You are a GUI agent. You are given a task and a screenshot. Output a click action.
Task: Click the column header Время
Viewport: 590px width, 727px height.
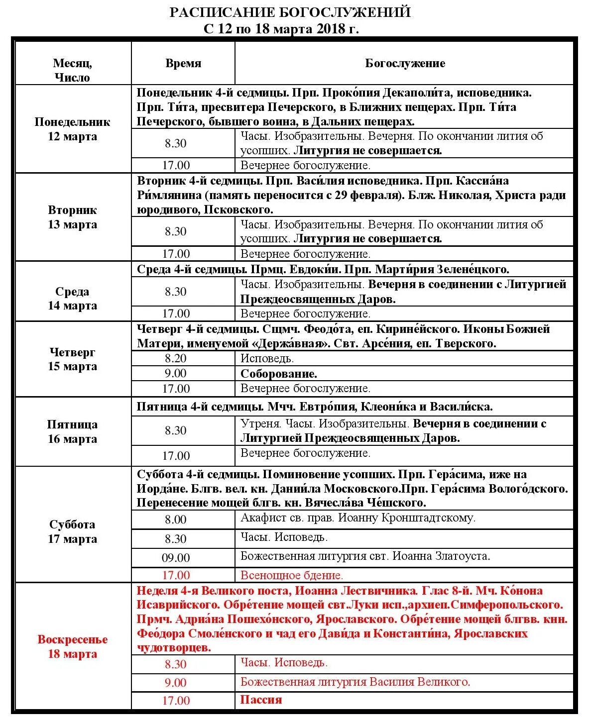pyautogui.click(x=183, y=63)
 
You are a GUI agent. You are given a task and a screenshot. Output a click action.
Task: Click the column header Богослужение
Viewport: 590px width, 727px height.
pyautogui.click(x=405, y=63)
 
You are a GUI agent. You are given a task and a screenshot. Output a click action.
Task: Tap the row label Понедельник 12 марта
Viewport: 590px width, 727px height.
pyautogui.click(x=72, y=129)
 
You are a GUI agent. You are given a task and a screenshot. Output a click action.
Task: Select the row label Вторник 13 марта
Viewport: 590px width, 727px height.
pyautogui.click(x=72, y=217)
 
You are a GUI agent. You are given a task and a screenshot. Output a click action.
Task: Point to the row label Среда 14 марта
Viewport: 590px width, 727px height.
pyautogui.click(x=72, y=299)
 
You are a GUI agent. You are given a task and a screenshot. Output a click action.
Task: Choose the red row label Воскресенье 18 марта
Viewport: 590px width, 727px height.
pyautogui.click(x=72, y=646)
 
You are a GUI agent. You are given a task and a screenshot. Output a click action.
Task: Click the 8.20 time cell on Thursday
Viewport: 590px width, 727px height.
pyautogui.click(x=175, y=358)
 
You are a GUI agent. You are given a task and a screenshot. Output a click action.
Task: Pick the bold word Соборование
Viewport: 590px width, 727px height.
pyautogui.click(x=279, y=374)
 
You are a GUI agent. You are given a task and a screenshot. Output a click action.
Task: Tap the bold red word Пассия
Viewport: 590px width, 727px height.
pyautogui.click(x=261, y=700)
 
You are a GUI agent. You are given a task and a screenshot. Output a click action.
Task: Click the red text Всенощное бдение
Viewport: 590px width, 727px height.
pyautogui.click(x=292, y=575)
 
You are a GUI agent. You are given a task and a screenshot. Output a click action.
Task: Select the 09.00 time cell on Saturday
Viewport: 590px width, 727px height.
pyautogui.click(x=175, y=558)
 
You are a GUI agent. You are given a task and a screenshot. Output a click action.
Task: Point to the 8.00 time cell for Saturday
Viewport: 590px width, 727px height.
pyautogui.click(x=175, y=519)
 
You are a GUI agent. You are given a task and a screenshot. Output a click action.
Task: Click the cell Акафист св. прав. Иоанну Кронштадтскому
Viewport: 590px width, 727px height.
pyautogui.click(x=357, y=518)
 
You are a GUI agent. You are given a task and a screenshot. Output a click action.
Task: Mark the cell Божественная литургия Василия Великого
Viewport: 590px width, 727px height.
pyautogui.click(x=355, y=682)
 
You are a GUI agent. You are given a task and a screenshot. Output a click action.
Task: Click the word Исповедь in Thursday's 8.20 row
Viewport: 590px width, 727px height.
pyautogui.click(x=267, y=358)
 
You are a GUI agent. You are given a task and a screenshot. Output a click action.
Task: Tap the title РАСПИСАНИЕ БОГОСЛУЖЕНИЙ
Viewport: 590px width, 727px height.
pyautogui.click(x=290, y=12)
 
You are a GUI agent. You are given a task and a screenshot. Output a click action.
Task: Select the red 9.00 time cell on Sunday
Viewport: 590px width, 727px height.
pyautogui.click(x=175, y=683)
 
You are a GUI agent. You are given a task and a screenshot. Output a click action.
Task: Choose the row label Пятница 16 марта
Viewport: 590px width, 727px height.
pyautogui.click(x=72, y=431)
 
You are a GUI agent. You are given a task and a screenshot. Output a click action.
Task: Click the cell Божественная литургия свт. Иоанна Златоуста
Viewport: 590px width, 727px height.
pyautogui.click(x=365, y=556)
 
